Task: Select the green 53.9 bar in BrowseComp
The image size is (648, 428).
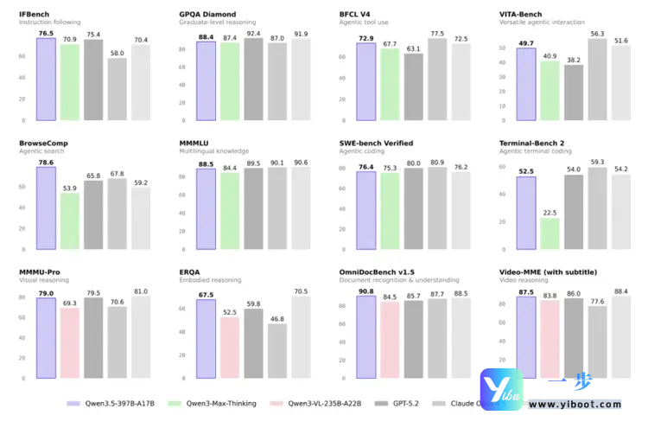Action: coord(70,221)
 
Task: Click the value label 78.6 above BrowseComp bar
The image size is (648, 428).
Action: coord(45,162)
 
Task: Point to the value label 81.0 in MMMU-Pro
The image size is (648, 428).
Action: coord(142,291)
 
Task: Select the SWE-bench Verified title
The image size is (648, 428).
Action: coord(376,143)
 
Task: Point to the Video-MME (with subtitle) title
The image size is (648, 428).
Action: coord(548,272)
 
